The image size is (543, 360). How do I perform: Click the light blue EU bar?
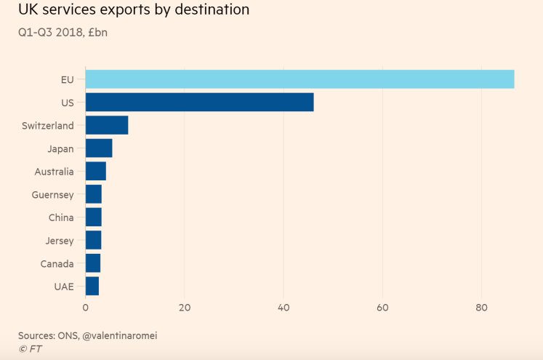pyautogui.click(x=300, y=79)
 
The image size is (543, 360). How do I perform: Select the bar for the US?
pyautogui.click(x=199, y=103)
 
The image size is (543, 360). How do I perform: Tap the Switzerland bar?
pyautogui.click(x=107, y=125)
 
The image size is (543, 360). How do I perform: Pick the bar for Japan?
pyautogui.click(x=99, y=148)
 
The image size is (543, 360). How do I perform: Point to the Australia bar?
pyautogui.click(x=95, y=171)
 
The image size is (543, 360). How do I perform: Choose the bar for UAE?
pyautogui.click(x=92, y=287)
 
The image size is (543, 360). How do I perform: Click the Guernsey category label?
pyautogui.click(x=52, y=195)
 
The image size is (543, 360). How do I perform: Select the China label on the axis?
pyautogui.click(x=61, y=217)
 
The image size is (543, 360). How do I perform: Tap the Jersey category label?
pyautogui.click(x=60, y=241)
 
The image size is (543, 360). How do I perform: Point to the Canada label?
pyautogui.click(x=57, y=264)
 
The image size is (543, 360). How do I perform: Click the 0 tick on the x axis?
pyautogui.click(x=86, y=308)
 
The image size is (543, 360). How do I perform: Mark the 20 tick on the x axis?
pyautogui.click(x=185, y=308)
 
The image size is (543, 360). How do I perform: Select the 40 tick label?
pyautogui.click(x=283, y=308)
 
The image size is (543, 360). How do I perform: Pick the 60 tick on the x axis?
pyautogui.click(x=382, y=308)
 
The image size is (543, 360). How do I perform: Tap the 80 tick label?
pyautogui.click(x=481, y=308)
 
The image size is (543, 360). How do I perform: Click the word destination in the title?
pyautogui.click(x=212, y=9)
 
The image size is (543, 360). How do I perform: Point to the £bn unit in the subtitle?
pyautogui.click(x=97, y=32)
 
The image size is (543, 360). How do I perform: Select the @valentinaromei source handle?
pyautogui.click(x=119, y=335)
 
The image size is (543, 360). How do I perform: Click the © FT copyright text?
pyautogui.click(x=30, y=348)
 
